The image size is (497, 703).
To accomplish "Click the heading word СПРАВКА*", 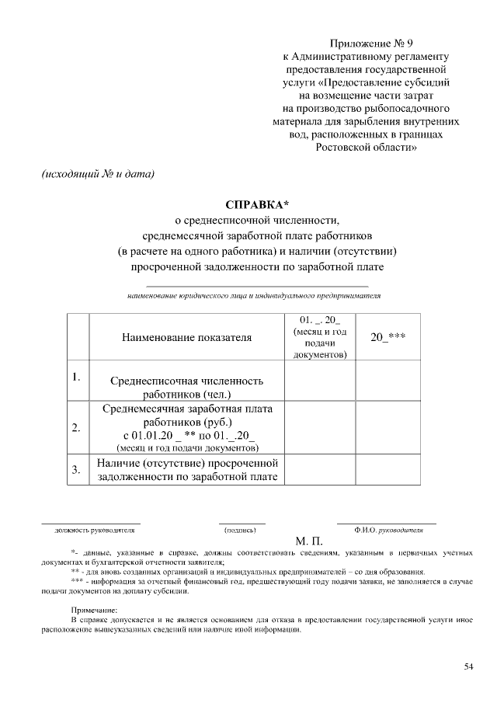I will (256, 205).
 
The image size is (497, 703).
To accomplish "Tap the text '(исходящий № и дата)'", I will (98, 173).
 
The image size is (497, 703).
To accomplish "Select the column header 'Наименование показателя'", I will (187, 338).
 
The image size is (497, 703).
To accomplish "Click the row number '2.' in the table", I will (76, 427).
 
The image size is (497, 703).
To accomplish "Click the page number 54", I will (468, 666).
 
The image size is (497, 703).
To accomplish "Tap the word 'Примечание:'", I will (94, 611).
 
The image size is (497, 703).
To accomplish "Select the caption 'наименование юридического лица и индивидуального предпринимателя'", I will (254, 296).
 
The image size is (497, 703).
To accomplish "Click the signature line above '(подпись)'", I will (242, 524).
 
